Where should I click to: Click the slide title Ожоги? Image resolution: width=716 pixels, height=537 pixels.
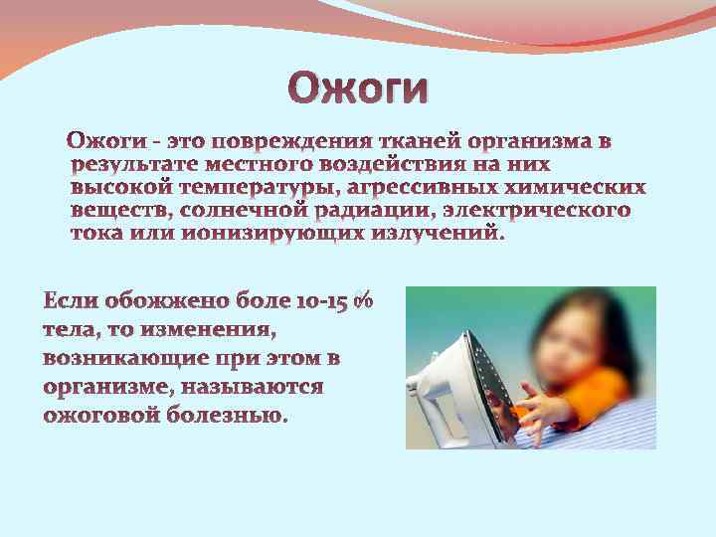(x=359, y=87)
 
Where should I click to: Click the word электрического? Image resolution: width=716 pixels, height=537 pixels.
(x=537, y=211)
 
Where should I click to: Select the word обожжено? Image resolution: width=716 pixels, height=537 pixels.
(x=150, y=299)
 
